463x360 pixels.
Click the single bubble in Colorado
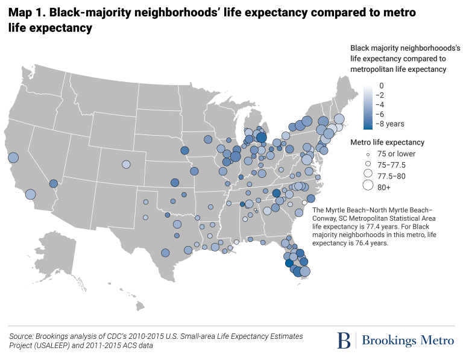click(126, 164)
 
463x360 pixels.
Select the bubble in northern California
click(13, 158)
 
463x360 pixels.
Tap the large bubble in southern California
click(31, 194)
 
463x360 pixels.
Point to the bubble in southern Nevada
click(53, 183)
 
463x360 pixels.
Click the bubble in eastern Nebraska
click(184, 150)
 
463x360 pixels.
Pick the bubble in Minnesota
click(208, 139)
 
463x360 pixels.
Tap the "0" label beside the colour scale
click(382, 86)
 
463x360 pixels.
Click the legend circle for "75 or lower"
click(366, 154)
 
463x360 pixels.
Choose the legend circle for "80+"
click(366, 186)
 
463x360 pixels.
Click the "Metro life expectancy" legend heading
click(387, 142)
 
